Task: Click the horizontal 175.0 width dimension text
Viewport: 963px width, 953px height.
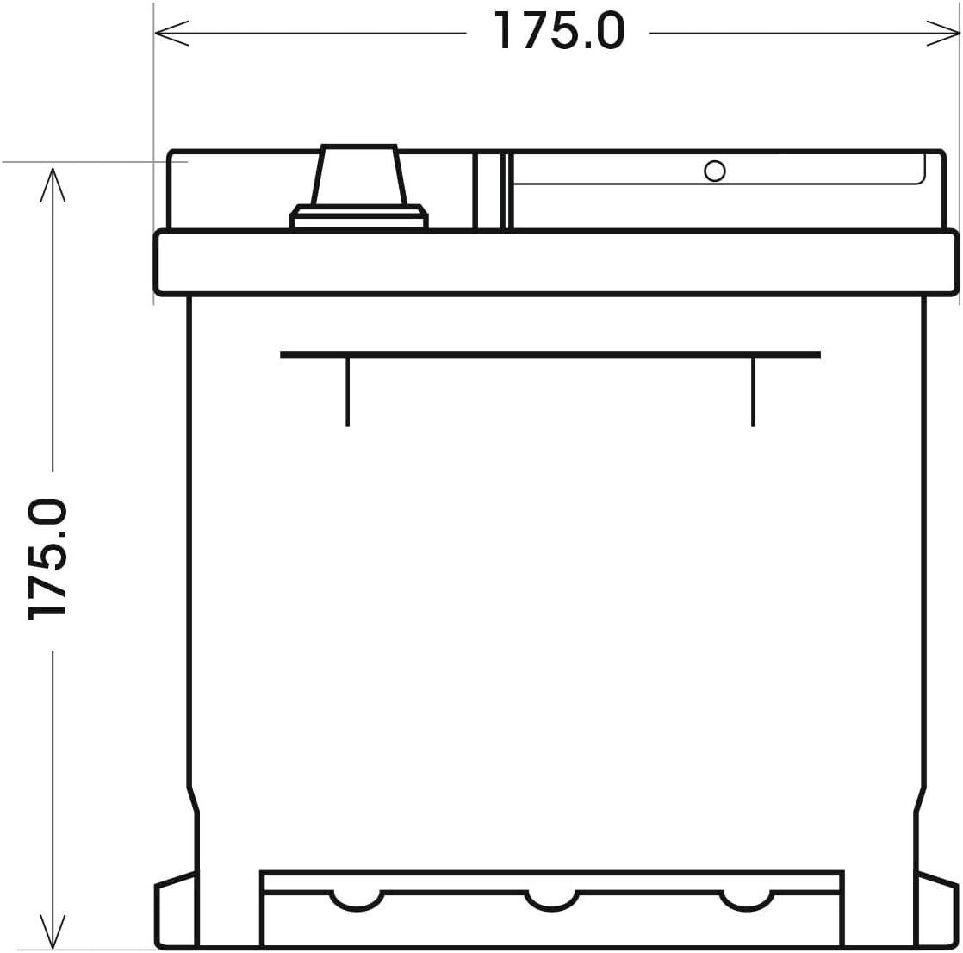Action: pos(558,32)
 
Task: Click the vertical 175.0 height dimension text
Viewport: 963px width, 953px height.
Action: pos(47,558)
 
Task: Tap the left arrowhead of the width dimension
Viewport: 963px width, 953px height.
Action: pos(169,34)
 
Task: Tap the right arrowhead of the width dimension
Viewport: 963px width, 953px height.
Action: pos(946,34)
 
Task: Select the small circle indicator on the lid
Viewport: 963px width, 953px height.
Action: pos(714,171)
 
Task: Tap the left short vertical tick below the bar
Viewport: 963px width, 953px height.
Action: pos(347,392)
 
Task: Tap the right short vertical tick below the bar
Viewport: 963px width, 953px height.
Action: pos(753,392)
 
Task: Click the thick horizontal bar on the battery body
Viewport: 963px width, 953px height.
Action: pos(550,354)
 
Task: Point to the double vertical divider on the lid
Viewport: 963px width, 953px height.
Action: pos(492,192)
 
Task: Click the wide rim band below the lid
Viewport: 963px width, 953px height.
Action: pos(556,262)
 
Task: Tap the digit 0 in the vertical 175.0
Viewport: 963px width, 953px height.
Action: pos(47,515)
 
